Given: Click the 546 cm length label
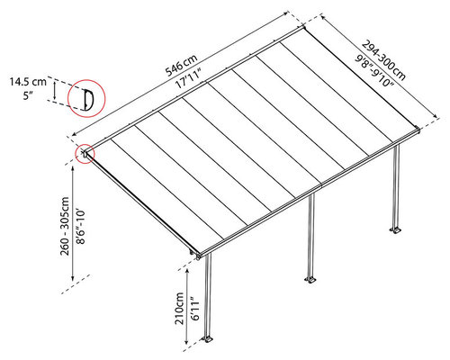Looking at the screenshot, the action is (x=182, y=65).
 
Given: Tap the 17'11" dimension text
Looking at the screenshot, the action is (x=188, y=77).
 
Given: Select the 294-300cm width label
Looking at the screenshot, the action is (x=383, y=60).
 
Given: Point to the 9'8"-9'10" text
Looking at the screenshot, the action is (x=374, y=70).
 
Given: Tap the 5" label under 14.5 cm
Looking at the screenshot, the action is (x=28, y=95).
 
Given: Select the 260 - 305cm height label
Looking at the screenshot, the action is (x=65, y=226).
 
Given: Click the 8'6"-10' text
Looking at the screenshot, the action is (x=80, y=227).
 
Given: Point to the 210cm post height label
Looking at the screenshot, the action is (x=180, y=308).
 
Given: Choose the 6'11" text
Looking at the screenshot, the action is (x=194, y=309).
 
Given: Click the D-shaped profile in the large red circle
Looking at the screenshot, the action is (x=88, y=99).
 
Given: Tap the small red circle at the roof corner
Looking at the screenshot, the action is (x=85, y=154).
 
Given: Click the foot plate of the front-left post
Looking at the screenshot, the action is (x=208, y=339).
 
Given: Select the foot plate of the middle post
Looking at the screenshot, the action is (x=310, y=280).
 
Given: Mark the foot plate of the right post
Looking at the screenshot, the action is (x=396, y=230).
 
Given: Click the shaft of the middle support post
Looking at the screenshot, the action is (x=311, y=235).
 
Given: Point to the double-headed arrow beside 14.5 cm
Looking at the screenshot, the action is (x=54, y=91).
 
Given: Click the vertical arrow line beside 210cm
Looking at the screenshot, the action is (x=186, y=306).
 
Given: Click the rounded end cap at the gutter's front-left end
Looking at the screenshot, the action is (x=198, y=257).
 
